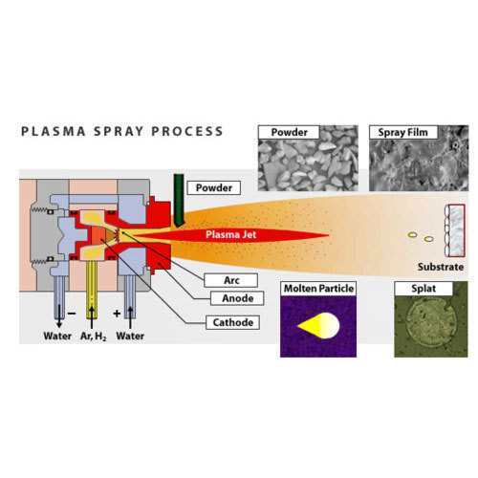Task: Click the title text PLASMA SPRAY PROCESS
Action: point(121,132)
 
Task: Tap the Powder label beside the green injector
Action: point(214,187)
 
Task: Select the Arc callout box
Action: point(231,280)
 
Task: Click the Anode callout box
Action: point(237,298)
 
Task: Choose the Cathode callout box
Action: point(232,322)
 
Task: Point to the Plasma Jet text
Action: point(231,235)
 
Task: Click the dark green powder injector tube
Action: point(179,200)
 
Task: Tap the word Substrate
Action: point(441,267)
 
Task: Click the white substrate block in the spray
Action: point(455,230)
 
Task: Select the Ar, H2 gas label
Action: point(94,337)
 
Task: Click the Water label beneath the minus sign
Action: point(57,336)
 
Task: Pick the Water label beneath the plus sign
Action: point(130,336)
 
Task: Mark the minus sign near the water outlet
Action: point(72,314)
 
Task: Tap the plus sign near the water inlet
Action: point(117,314)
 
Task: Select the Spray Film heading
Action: point(403,132)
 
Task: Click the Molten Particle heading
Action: point(318,289)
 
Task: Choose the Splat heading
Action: point(424,289)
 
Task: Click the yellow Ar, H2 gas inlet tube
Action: point(92,290)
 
